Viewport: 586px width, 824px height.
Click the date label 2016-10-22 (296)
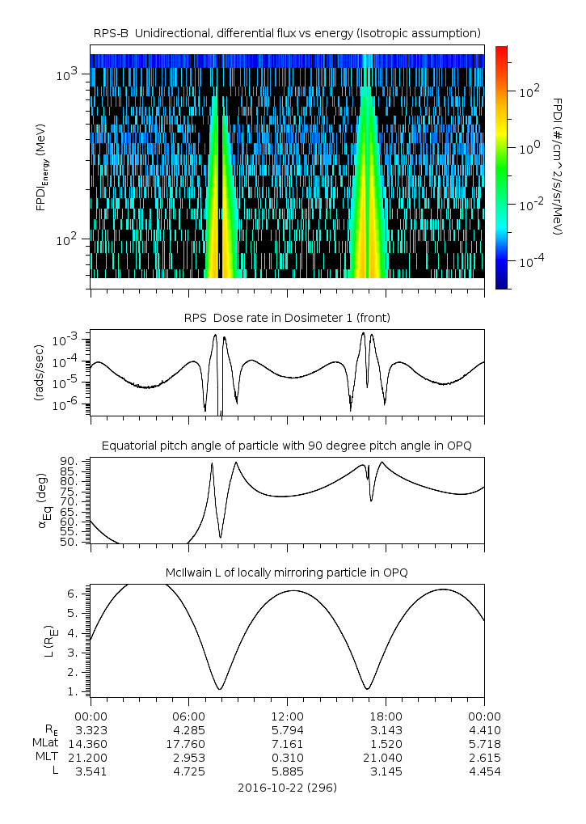pos(287,787)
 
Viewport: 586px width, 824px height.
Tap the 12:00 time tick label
pos(287,716)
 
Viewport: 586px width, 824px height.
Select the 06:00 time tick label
pos(188,716)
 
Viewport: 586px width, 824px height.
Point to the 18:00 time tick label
pos(386,716)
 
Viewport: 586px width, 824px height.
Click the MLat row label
pos(44,743)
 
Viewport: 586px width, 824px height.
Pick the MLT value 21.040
pos(386,758)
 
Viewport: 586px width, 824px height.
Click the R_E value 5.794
pos(287,729)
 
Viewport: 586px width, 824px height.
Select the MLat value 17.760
pos(188,743)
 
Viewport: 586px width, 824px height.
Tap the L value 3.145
pos(386,771)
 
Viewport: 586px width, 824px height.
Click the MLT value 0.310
pos(287,758)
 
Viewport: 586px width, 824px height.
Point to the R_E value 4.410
pos(484,729)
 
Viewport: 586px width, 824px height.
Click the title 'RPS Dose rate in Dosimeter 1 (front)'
pos(287,318)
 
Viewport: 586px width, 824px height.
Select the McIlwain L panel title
pos(287,573)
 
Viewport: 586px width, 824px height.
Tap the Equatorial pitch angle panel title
pos(287,446)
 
